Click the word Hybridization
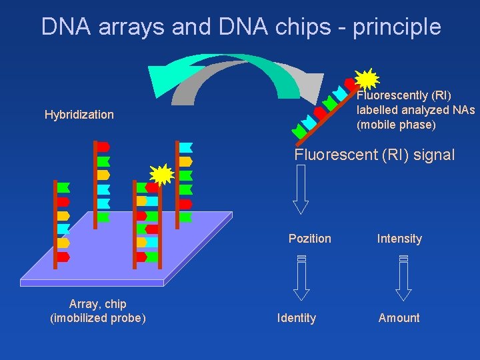79,115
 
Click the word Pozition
309,239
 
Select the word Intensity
399,239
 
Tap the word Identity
297,318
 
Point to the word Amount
399,318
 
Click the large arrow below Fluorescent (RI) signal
301,189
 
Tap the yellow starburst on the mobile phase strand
367,79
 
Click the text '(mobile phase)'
395,125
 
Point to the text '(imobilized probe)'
98,318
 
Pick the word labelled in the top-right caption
377,110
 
